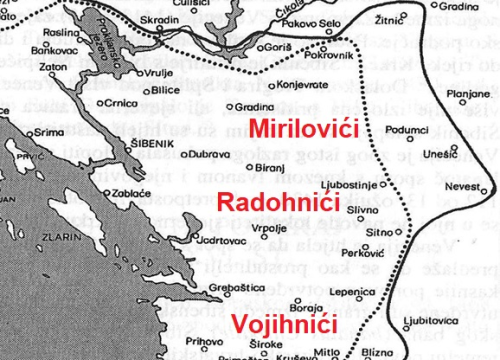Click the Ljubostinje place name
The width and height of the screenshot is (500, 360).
click(x=344, y=185)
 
